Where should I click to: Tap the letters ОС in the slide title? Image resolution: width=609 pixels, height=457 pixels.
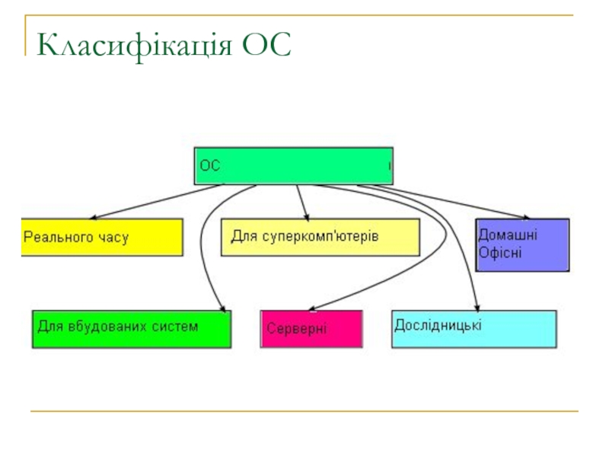click(x=267, y=46)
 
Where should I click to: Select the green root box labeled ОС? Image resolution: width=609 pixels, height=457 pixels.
click(x=294, y=166)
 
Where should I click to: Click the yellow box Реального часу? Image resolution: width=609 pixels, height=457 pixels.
click(x=102, y=237)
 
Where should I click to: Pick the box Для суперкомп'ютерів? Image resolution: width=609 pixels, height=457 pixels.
click(x=320, y=237)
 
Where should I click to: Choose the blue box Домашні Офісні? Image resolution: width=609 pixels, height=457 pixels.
click(x=522, y=244)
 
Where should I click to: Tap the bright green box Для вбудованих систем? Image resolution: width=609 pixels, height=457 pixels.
click(x=131, y=328)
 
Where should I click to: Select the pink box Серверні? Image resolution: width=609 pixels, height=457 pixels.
click(x=311, y=328)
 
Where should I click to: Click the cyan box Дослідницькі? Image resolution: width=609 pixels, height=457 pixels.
click(x=473, y=328)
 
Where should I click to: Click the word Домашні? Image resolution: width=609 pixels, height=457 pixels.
click(x=507, y=235)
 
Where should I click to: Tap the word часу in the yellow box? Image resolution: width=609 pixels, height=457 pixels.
click(x=113, y=238)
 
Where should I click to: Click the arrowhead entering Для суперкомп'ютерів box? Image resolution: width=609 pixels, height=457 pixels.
click(x=306, y=216)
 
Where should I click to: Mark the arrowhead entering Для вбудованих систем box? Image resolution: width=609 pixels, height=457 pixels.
click(x=223, y=308)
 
